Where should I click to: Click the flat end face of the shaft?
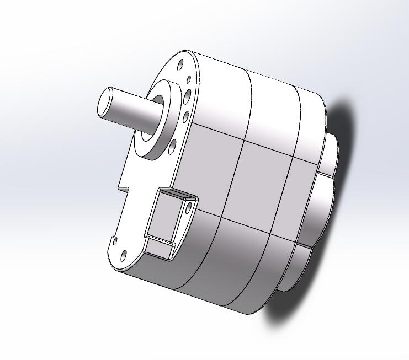click(x=105, y=103)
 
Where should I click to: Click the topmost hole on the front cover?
click(x=180, y=65)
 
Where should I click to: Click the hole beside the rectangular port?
click(x=188, y=207)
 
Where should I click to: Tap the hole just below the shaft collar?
click(x=172, y=146)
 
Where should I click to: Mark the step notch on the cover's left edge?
click(x=123, y=186)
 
